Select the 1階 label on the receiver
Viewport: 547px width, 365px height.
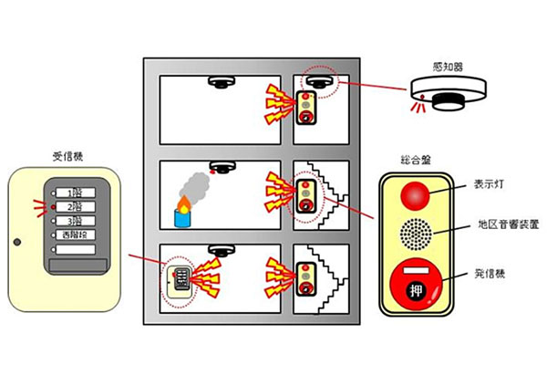(x=76, y=193)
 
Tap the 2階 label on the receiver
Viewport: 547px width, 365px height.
(x=76, y=207)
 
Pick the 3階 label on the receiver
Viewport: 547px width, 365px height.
(x=76, y=221)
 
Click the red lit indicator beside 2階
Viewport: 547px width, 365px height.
(x=42, y=207)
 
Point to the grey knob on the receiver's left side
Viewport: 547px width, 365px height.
(x=16, y=242)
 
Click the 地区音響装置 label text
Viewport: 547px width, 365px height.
(x=506, y=224)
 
